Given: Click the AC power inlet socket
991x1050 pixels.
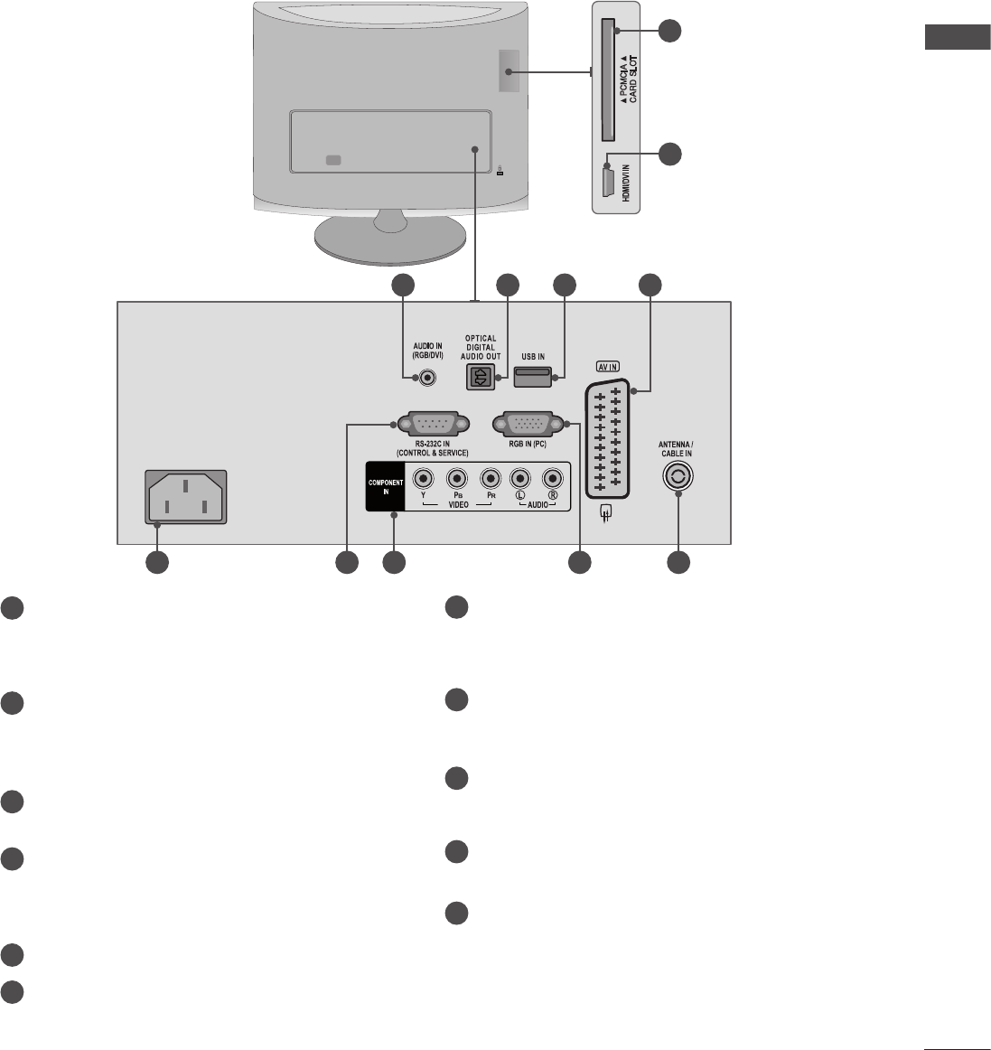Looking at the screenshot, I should [185, 497].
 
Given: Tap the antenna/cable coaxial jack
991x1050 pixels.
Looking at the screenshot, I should [678, 477].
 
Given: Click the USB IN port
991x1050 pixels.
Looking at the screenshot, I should [532, 376].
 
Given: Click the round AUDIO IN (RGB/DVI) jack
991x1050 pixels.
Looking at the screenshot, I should [418, 377].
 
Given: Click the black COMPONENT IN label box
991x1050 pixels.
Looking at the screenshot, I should [385, 486].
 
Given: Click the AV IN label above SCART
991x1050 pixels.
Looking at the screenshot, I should [606, 368].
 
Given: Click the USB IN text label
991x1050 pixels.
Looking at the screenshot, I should [533, 356].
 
